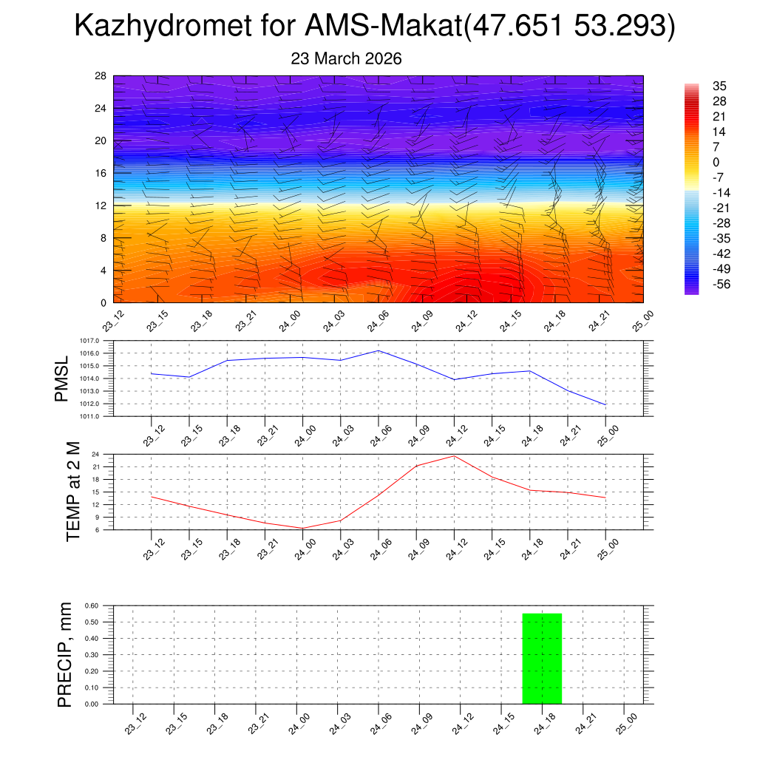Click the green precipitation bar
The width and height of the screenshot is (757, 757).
(x=542, y=658)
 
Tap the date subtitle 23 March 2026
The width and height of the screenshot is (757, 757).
(x=347, y=59)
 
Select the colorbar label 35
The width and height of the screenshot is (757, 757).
(x=719, y=86)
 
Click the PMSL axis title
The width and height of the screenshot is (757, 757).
(x=61, y=378)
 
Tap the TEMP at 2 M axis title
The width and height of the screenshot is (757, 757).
(x=72, y=492)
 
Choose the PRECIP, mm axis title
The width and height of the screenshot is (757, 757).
(x=64, y=654)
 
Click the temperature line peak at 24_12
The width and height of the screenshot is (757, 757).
(x=454, y=455)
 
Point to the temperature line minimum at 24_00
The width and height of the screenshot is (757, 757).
(x=302, y=528)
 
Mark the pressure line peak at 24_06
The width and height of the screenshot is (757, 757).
(x=378, y=350)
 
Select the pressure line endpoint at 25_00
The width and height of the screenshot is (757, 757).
(x=605, y=404)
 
